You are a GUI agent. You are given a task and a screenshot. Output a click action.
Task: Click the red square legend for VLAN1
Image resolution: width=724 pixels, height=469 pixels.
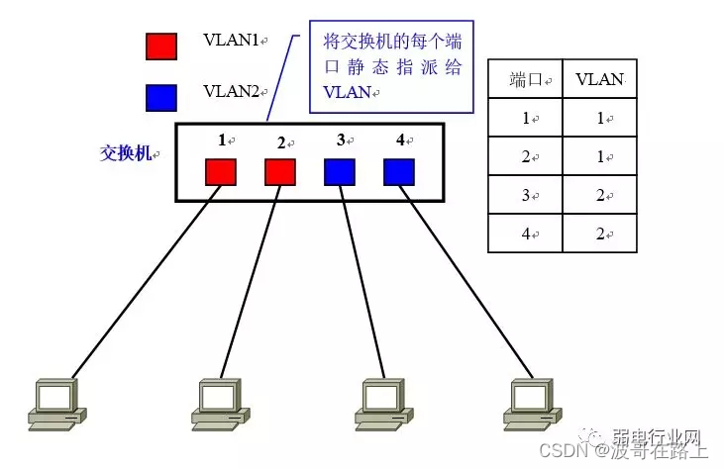pos(161,46)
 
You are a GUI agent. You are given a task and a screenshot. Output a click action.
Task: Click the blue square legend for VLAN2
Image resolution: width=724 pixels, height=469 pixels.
pos(161,97)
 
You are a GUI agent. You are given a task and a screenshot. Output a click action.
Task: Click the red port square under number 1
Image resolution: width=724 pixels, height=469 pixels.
pos(221,171)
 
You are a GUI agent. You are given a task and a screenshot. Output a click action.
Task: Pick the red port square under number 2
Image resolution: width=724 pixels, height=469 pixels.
pos(280,171)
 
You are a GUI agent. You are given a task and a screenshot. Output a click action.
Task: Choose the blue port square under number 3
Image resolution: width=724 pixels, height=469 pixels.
pos(340,171)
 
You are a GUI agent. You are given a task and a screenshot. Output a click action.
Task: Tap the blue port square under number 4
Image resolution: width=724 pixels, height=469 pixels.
pos(399,171)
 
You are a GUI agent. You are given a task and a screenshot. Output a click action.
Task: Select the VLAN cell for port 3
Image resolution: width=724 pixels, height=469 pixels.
pos(600,195)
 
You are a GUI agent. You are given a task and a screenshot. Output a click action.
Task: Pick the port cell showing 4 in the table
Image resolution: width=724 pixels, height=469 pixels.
pos(525,234)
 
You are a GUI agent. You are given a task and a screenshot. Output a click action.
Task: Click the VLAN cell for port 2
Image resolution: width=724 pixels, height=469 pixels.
pos(600,156)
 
